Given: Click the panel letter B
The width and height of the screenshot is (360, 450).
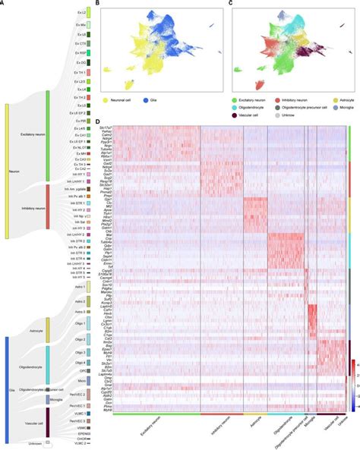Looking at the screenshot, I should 99,3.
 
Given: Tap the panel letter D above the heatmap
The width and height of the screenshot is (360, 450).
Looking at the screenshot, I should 99,121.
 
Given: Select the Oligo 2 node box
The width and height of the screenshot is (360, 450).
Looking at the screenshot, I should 88,340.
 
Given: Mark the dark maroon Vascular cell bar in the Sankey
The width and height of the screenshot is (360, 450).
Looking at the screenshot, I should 48,422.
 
